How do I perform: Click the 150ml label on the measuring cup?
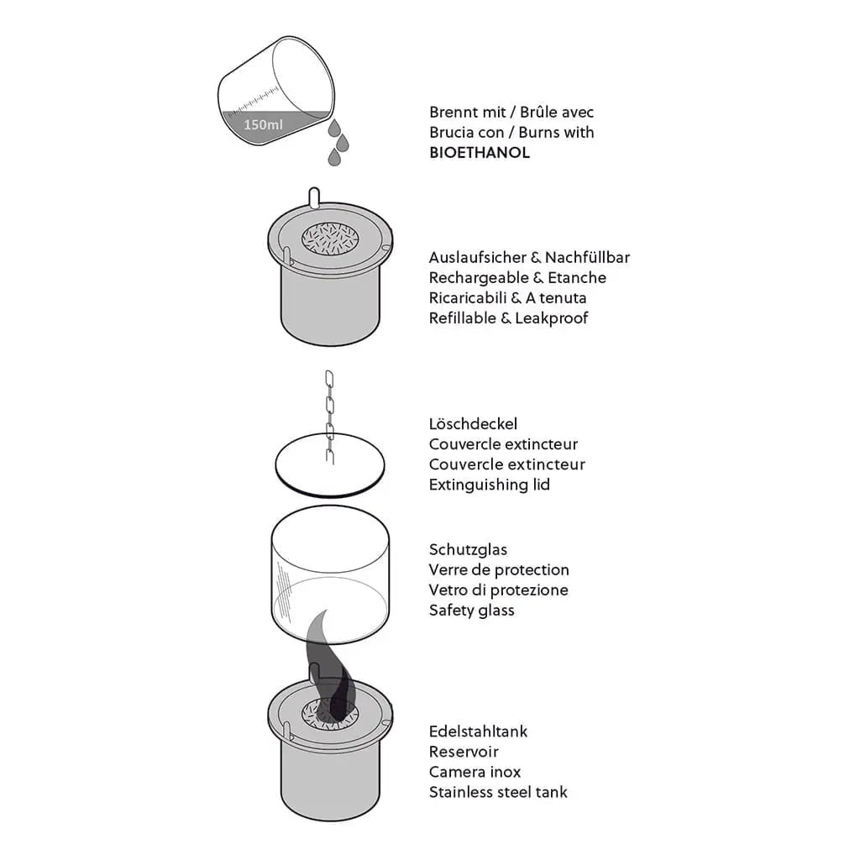click(263, 124)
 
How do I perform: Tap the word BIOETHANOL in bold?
click(479, 153)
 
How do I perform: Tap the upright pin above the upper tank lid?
click(314, 198)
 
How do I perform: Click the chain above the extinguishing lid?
click(329, 412)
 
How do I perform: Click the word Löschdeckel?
click(473, 424)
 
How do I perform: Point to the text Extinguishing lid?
click(489, 485)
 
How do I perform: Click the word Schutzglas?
click(468, 550)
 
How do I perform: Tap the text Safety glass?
click(471, 611)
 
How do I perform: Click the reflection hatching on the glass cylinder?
click(286, 592)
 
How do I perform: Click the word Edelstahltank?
click(478, 732)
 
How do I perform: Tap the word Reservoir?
click(464, 752)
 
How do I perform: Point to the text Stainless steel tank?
click(498, 792)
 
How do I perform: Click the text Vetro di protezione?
click(498, 590)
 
